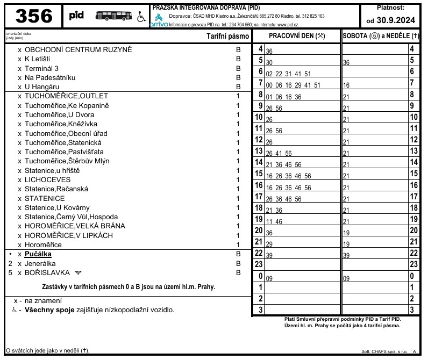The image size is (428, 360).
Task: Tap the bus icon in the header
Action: tap(111, 16)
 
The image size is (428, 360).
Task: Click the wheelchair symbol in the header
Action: tap(141, 17)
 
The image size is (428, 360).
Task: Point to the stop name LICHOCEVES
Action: tap(47, 180)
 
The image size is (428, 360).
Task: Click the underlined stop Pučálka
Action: tap(38, 254)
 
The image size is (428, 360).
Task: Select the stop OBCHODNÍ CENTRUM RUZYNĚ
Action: tap(78, 50)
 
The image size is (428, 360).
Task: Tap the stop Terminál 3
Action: tap(42, 68)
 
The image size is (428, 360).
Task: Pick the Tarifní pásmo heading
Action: tap(228, 37)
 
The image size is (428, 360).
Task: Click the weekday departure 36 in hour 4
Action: tap(269, 51)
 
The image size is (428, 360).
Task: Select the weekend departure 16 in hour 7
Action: tap(346, 85)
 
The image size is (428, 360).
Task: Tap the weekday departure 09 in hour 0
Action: tap(269, 279)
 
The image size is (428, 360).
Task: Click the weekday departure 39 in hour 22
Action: tap(269, 255)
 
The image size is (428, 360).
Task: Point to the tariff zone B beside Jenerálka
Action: tap(237, 264)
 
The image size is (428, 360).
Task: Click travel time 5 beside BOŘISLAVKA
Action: tap(10, 273)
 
